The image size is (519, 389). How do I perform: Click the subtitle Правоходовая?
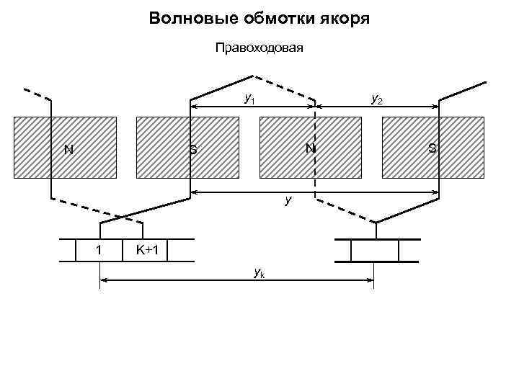(x=259, y=49)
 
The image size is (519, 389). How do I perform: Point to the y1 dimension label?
(x=249, y=98)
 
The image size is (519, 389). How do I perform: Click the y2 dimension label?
(x=376, y=98)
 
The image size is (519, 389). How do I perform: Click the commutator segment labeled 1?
(x=99, y=250)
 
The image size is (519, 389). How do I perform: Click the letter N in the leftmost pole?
(x=68, y=150)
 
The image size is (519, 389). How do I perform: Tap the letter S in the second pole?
(x=193, y=150)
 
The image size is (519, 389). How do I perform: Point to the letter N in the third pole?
(x=309, y=148)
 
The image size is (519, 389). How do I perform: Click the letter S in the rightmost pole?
(x=432, y=148)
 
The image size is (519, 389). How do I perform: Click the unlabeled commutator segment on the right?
(x=374, y=250)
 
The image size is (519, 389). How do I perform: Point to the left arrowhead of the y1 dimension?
(x=193, y=108)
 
